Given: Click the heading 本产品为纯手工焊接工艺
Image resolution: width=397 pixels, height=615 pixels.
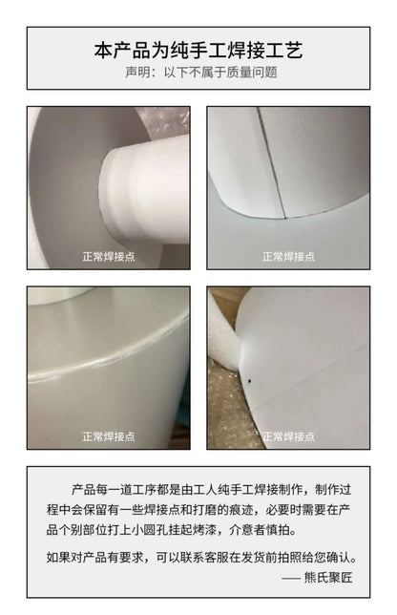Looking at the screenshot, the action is pyautogui.click(x=198, y=51).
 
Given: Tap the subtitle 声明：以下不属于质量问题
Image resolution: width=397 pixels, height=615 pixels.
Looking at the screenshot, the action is pyautogui.click(x=201, y=73).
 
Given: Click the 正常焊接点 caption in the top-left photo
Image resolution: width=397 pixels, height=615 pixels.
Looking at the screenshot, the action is pyautogui.click(x=109, y=257).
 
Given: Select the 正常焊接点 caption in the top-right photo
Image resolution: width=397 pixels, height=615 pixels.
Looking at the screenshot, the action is pyautogui.click(x=288, y=257).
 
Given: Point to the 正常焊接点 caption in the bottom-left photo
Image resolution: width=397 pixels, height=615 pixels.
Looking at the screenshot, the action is pyautogui.click(x=109, y=436).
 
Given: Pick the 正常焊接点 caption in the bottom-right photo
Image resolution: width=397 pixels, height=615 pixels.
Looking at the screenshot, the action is pyautogui.click(x=288, y=436).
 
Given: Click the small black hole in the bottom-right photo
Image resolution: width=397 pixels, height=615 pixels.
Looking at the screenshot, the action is pyautogui.click(x=249, y=381).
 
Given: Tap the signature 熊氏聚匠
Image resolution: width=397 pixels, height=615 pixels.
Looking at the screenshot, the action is pyautogui.click(x=328, y=578).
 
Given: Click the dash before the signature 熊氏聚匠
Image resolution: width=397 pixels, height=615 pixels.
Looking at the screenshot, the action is pyautogui.click(x=290, y=578).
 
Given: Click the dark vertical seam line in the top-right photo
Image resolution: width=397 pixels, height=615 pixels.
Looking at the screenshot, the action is pyautogui.click(x=271, y=160).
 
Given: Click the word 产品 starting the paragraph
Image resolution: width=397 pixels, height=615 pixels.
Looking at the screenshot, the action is pyautogui.click(x=83, y=490).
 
